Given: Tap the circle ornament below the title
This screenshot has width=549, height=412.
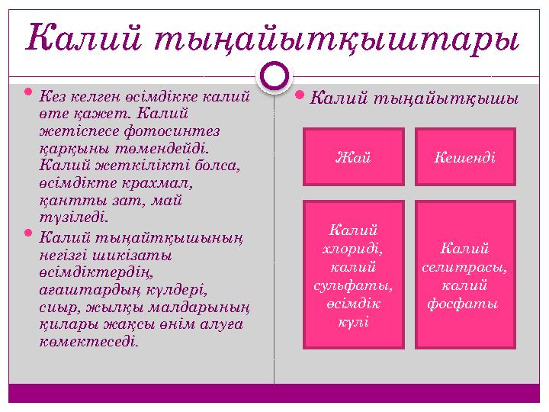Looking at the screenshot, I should tap(274, 76).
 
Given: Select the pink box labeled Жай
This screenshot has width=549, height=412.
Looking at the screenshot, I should tap(354, 157).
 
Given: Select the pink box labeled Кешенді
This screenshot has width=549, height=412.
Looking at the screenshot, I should tap(464, 157).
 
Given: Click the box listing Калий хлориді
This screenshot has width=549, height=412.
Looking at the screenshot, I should tap(354, 274).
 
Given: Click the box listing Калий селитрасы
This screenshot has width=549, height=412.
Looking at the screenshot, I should tap(464, 274).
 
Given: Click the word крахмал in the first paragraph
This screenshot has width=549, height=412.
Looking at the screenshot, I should tap(165, 183).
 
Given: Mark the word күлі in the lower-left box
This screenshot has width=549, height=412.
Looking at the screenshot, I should tap(354, 321).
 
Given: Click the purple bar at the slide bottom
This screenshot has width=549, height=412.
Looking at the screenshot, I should tap(274, 393).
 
